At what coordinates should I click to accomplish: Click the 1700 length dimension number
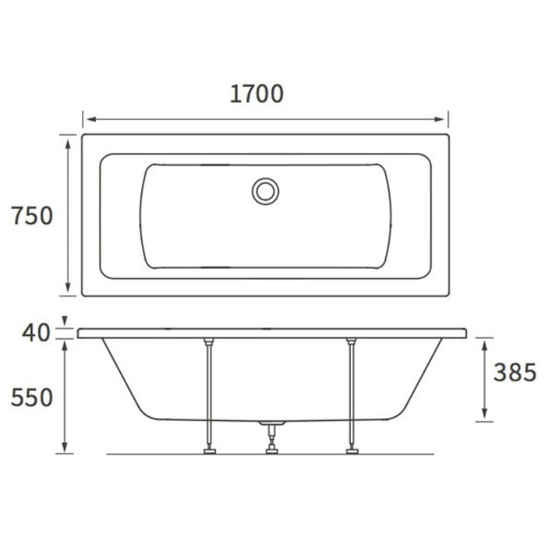pyautogui.click(x=257, y=94)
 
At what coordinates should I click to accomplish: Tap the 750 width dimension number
pyautogui.click(x=32, y=216)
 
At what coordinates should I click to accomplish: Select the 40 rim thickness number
pyautogui.click(x=36, y=332)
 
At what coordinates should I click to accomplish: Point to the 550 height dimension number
pyautogui.click(x=32, y=397)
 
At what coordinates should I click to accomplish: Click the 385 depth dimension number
pyautogui.click(x=515, y=372)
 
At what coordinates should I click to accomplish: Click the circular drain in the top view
pyautogui.click(x=266, y=192)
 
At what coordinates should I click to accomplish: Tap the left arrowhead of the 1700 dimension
pyautogui.click(x=91, y=119)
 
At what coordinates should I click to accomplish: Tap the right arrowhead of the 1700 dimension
pyautogui.click(x=439, y=119)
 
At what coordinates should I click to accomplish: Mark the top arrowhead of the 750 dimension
pyautogui.click(x=68, y=143)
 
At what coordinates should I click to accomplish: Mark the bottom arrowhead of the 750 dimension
pyautogui.click(x=68, y=287)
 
